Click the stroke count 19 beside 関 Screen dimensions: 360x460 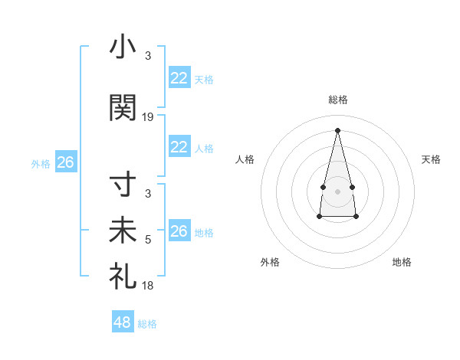click(x=148, y=117)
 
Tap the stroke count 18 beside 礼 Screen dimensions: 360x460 click(x=148, y=286)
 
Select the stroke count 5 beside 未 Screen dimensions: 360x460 click(x=148, y=240)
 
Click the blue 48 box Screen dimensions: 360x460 click(x=123, y=322)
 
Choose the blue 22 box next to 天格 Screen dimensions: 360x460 click(x=179, y=79)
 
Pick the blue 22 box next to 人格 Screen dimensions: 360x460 click(x=179, y=148)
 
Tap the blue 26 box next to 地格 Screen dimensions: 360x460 click(x=179, y=231)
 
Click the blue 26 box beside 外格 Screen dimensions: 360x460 click(x=65, y=162)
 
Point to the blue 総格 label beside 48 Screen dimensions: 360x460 click(x=147, y=324)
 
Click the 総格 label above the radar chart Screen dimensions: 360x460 click(x=337, y=100)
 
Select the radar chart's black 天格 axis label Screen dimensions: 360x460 click(x=431, y=159)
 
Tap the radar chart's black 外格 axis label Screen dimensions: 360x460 click(x=270, y=262)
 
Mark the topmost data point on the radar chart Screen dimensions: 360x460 click(x=337, y=130)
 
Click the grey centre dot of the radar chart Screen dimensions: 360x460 click(x=337, y=191)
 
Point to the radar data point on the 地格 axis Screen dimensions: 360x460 click(x=356, y=217)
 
